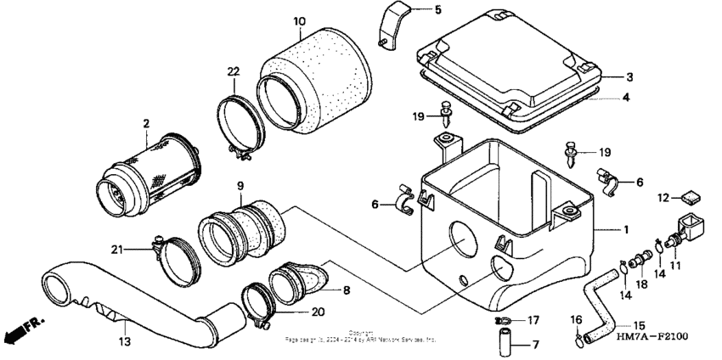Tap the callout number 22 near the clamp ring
[x=234, y=72]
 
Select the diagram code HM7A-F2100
[x=647, y=336]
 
